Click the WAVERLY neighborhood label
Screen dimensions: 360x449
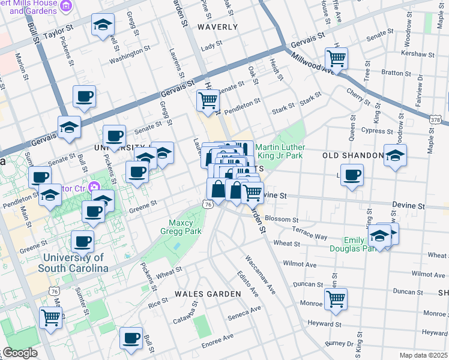tap(217, 27)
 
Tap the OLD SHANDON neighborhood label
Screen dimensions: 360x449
tap(352, 155)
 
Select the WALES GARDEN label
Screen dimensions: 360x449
tap(207, 293)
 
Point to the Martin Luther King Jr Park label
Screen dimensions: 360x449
tap(280, 152)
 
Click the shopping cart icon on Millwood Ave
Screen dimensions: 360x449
tap(337, 59)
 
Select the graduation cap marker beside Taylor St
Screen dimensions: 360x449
tap(103, 25)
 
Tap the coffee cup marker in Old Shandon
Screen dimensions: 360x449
tap(352, 175)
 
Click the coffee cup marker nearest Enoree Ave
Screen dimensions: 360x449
tap(131, 338)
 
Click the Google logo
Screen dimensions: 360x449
tap(19, 353)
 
